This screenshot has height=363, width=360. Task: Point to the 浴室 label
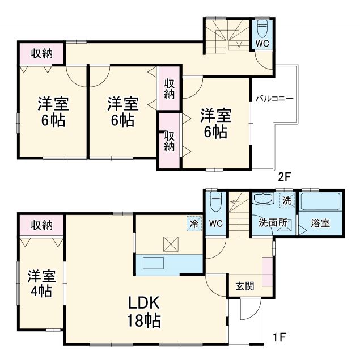click(x=320, y=223)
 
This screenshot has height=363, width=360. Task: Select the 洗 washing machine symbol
click(x=287, y=200)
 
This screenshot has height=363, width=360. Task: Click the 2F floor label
click(x=284, y=176)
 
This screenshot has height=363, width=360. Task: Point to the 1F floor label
click(x=278, y=338)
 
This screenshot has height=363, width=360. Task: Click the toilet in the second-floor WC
click(x=262, y=28)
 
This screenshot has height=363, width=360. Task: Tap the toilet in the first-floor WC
click(x=215, y=201)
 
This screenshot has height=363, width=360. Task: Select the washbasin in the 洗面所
click(x=263, y=199)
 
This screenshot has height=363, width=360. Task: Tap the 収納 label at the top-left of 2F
click(x=41, y=54)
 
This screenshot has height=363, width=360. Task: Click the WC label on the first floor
click(x=216, y=223)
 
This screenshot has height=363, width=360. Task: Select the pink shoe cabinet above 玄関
click(x=266, y=271)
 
